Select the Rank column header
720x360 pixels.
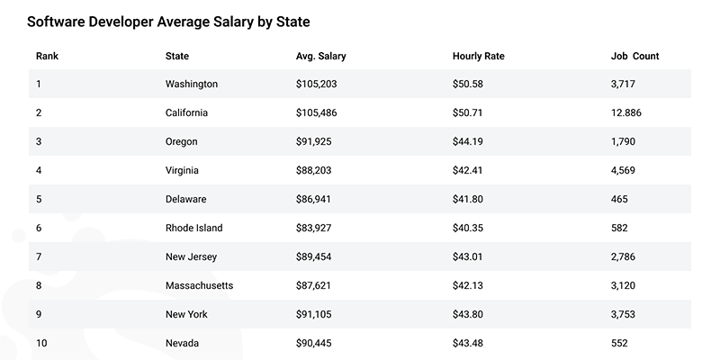pyautogui.click(x=47, y=56)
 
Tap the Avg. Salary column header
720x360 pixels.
pyautogui.click(x=320, y=56)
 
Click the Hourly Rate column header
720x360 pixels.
pyautogui.click(x=478, y=56)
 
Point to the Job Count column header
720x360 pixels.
pyautogui.click(x=634, y=56)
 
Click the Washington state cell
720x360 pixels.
pyautogui.click(x=192, y=85)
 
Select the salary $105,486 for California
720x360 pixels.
pyautogui.click(x=320, y=113)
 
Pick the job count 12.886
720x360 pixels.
pyautogui.click(x=630, y=113)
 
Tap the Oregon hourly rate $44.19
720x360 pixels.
pyautogui.click(x=473, y=142)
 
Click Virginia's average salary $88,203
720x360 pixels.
pyautogui.click(x=319, y=171)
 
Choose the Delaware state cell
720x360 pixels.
pyautogui.click(x=187, y=200)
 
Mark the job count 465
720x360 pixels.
pyautogui.click(x=620, y=200)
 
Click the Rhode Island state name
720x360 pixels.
pyautogui.click(x=193, y=229)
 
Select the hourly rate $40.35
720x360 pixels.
pyautogui.click(x=473, y=229)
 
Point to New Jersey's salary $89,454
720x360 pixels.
pyautogui.click(x=319, y=257)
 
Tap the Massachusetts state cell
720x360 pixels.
pyautogui.click(x=199, y=286)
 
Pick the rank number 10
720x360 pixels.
pyautogui.click(x=41, y=344)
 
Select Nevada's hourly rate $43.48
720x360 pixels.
pyautogui.click(x=473, y=344)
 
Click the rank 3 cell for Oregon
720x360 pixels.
pyautogui.click(x=39, y=142)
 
